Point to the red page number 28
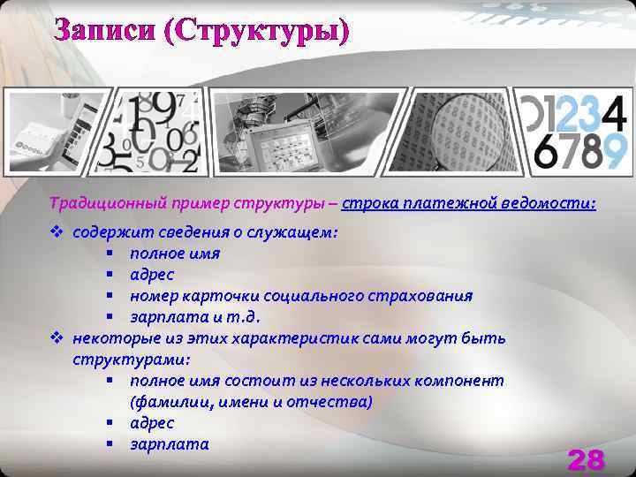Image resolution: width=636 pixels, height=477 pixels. (x=586, y=459)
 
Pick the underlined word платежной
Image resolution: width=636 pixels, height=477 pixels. (x=449, y=204)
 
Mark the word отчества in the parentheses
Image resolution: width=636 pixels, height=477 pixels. (x=335, y=402)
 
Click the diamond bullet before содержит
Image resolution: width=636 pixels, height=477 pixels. (x=57, y=232)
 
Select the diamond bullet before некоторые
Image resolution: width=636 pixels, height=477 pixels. (x=57, y=338)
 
